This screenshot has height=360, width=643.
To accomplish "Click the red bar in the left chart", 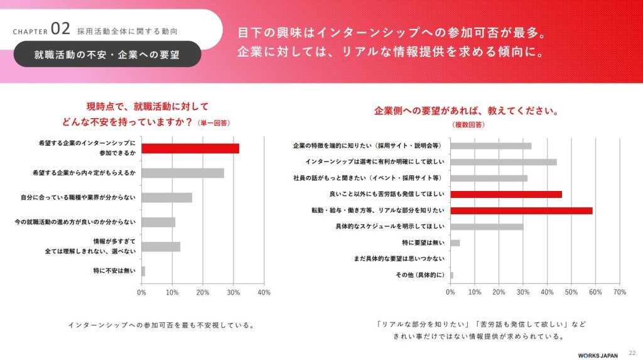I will click(190, 148).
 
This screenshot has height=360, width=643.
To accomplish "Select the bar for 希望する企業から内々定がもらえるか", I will click(183, 173).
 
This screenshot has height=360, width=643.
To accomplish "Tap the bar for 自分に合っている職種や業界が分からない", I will click(167, 197).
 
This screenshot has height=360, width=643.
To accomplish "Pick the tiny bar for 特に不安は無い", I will click(143, 271).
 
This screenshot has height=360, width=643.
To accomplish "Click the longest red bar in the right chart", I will click(521, 210).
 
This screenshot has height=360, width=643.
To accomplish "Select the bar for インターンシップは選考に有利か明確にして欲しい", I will click(504, 162).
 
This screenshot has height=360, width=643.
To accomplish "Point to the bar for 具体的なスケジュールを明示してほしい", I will click(487, 227).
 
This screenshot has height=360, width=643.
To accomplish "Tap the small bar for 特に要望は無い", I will click(455, 243).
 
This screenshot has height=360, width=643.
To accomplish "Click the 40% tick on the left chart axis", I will click(264, 293).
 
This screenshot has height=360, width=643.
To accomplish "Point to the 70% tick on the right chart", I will click(619, 292).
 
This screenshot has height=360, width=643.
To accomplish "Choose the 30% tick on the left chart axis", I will click(233, 293).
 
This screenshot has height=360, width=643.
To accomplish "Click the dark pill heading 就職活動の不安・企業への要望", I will click(107, 54).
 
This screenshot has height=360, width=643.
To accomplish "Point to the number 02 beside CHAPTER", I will click(60, 28).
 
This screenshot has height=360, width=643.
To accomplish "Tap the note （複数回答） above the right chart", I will click(468, 125).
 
